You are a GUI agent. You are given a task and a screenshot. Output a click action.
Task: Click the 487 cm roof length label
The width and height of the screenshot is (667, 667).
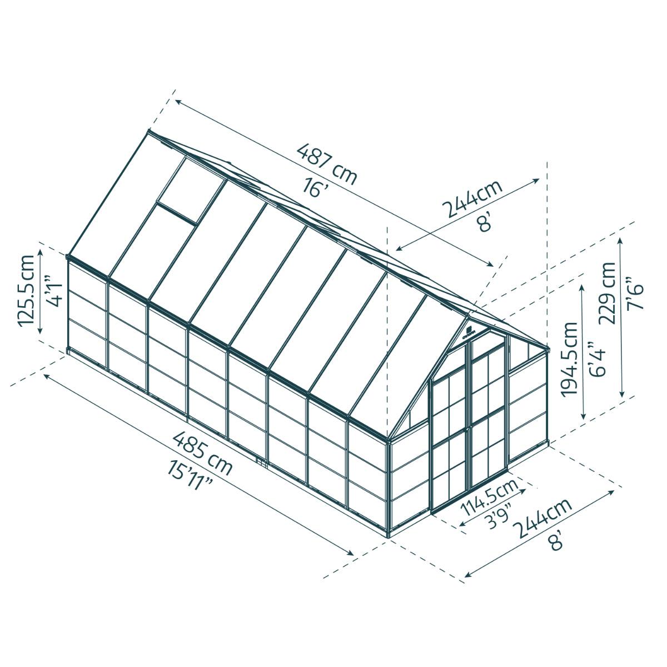coord(326,163)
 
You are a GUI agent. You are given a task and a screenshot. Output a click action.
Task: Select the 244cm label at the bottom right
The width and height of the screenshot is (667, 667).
coord(543,517)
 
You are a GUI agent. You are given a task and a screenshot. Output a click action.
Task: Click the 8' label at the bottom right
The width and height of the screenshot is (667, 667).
coord(556,540)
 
